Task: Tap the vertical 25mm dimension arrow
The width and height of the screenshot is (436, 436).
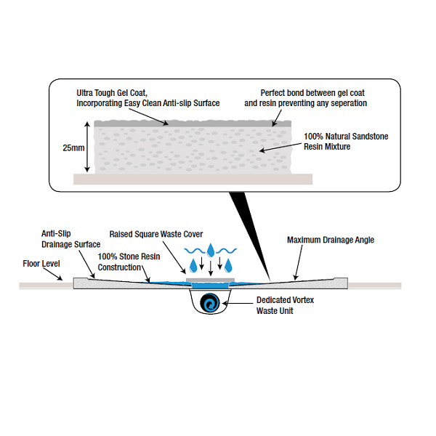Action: pos(88,148)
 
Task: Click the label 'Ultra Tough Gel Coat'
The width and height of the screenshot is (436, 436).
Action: pos(113,94)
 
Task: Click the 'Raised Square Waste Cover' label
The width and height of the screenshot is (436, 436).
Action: pos(156,234)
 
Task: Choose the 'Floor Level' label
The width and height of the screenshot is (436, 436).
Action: pos(40,264)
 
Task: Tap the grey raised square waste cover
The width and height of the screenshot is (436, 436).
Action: pos(210,278)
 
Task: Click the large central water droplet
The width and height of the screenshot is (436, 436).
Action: pos(210,251)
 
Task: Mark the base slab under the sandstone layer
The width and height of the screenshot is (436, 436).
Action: pos(193,179)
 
